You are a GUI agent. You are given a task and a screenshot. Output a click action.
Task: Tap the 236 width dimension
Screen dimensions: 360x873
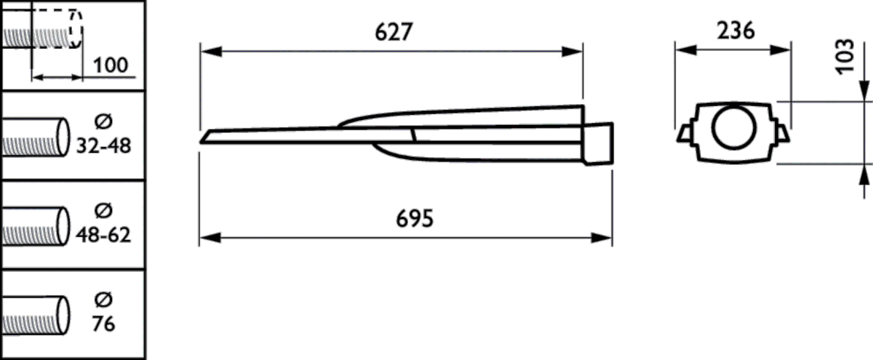click(x=735, y=31)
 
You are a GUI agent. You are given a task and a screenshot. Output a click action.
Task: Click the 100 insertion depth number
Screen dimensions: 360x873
click(x=111, y=65)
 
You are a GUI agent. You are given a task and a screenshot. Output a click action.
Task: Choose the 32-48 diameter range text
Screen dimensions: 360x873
click(x=103, y=145)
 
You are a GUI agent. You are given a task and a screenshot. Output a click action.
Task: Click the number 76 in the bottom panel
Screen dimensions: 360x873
click(x=104, y=324)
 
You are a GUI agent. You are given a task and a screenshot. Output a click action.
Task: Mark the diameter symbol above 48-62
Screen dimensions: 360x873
click(x=103, y=212)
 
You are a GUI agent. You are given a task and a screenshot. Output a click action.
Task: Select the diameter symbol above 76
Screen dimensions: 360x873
click(x=103, y=300)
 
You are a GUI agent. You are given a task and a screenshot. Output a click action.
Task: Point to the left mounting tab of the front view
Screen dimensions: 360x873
click(x=684, y=133)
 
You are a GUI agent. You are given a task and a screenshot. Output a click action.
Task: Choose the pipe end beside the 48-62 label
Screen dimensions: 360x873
click(x=61, y=225)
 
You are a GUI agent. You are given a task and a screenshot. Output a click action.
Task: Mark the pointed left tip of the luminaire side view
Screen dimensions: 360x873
click(x=205, y=137)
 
